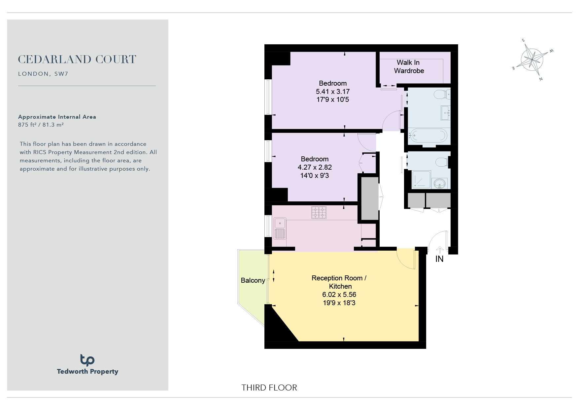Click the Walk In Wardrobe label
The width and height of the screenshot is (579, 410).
[x=409, y=66]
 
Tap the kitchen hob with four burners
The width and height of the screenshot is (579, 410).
[x=319, y=212]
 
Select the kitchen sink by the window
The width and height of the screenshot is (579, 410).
[x=280, y=228]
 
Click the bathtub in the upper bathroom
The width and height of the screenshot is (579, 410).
[x=428, y=136]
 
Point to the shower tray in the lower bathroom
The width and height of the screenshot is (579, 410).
[x=421, y=180]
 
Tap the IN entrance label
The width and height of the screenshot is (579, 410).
[x=439, y=259]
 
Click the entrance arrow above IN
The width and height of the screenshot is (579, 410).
[x=440, y=250]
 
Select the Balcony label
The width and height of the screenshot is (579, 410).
[x=253, y=280]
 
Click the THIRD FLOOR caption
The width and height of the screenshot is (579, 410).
[x=269, y=388]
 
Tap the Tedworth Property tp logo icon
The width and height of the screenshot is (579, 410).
[x=87, y=360]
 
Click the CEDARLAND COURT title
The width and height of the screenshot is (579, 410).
[x=77, y=60]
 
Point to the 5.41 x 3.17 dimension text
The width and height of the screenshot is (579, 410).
[x=333, y=92]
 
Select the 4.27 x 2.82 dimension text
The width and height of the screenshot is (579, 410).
[x=315, y=167]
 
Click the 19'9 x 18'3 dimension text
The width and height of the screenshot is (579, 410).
[x=339, y=303]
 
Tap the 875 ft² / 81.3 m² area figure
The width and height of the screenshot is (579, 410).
[x=41, y=125]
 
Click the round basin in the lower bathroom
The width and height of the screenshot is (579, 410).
[x=439, y=183]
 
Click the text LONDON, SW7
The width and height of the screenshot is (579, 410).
[x=43, y=74]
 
